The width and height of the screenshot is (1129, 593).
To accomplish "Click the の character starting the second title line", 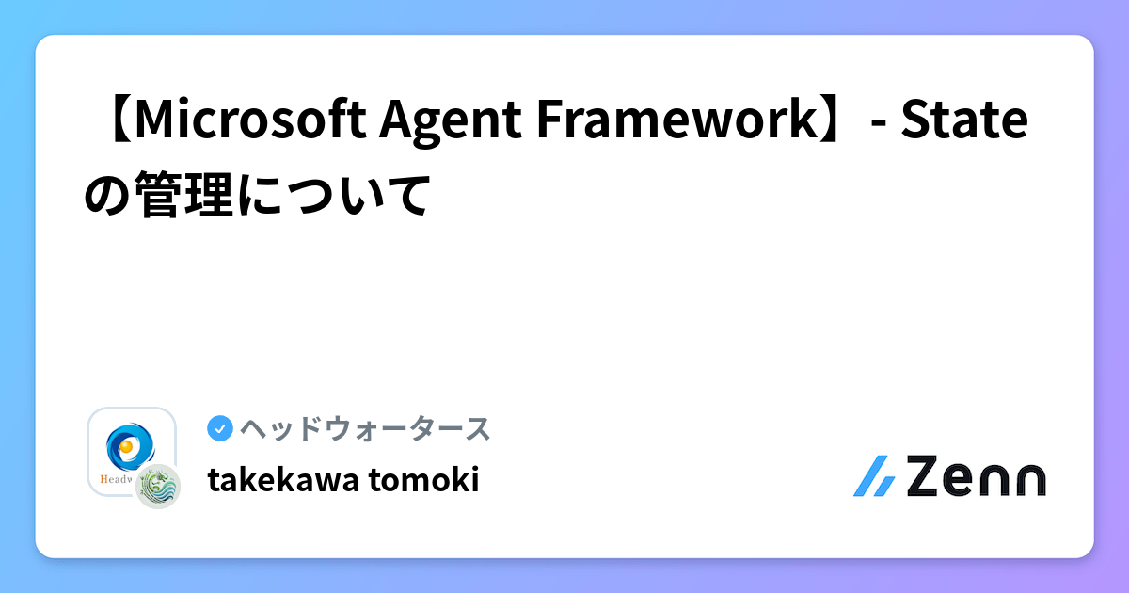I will click(x=108, y=195).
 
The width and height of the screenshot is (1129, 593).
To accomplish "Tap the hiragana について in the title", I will click(x=335, y=195).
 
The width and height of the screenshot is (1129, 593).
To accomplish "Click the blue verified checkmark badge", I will click(x=219, y=429).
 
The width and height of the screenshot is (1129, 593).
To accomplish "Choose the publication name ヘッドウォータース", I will click(x=365, y=429).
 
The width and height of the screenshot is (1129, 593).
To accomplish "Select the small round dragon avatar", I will click(x=157, y=486).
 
